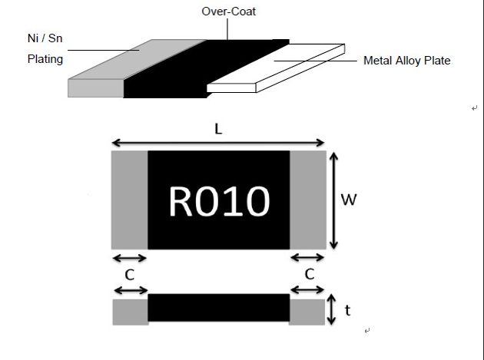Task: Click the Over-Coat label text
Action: (228, 12)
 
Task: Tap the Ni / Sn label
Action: (45, 38)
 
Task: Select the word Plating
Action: (45, 59)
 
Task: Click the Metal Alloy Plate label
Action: (406, 61)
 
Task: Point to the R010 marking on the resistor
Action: (219, 201)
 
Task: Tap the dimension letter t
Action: (348, 310)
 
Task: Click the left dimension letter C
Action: (130, 273)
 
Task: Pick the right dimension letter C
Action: (309, 273)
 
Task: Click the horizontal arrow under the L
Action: (219, 143)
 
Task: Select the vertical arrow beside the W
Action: (333, 200)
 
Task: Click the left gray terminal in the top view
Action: (130, 200)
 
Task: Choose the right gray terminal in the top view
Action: (308, 200)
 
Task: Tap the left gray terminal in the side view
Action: (130, 312)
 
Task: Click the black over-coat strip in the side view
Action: (219, 307)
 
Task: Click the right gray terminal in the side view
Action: (307, 312)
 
